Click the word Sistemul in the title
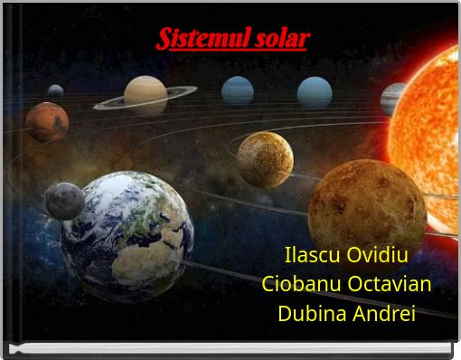(204, 39)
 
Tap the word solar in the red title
(282, 39)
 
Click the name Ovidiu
(377, 255)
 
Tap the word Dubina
(312, 313)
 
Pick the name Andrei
(384, 313)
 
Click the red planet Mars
(47, 122)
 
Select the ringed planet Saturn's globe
(146, 95)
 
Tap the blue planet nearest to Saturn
(238, 90)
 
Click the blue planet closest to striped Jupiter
(315, 92)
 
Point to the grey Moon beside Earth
(65, 201)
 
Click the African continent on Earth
(145, 256)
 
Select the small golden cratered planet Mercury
(266, 160)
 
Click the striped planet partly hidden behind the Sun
(390, 98)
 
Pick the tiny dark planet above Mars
(55, 90)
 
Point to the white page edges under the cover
(230, 348)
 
